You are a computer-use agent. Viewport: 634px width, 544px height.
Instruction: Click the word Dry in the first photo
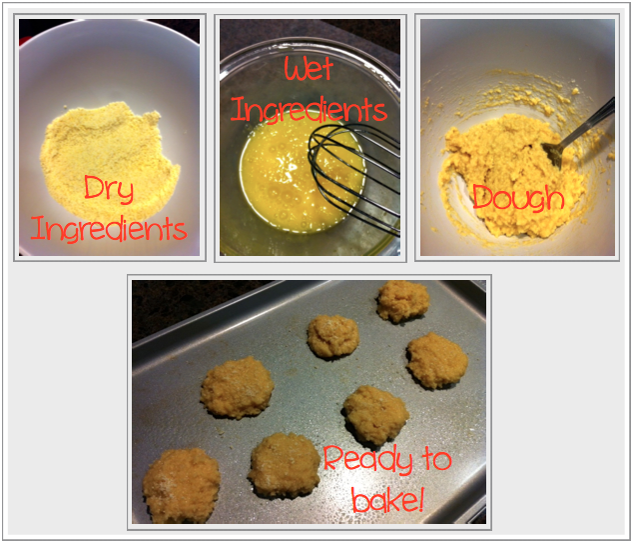coord(109,189)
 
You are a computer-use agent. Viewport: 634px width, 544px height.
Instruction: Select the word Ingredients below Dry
coord(109,229)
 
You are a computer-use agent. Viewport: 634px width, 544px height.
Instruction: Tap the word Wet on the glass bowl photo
coord(309,69)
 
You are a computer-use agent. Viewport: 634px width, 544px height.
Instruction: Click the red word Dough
coord(518,198)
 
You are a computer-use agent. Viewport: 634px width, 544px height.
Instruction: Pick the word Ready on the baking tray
coord(368,460)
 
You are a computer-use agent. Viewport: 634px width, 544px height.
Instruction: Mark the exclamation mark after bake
coord(420,499)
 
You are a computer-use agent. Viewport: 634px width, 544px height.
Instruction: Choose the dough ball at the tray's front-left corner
coord(181,486)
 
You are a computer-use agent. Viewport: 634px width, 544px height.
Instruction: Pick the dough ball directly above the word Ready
coord(375,416)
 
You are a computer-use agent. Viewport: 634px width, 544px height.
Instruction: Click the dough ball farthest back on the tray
coord(402,301)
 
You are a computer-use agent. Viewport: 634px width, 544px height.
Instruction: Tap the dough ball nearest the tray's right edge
coord(437,361)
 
